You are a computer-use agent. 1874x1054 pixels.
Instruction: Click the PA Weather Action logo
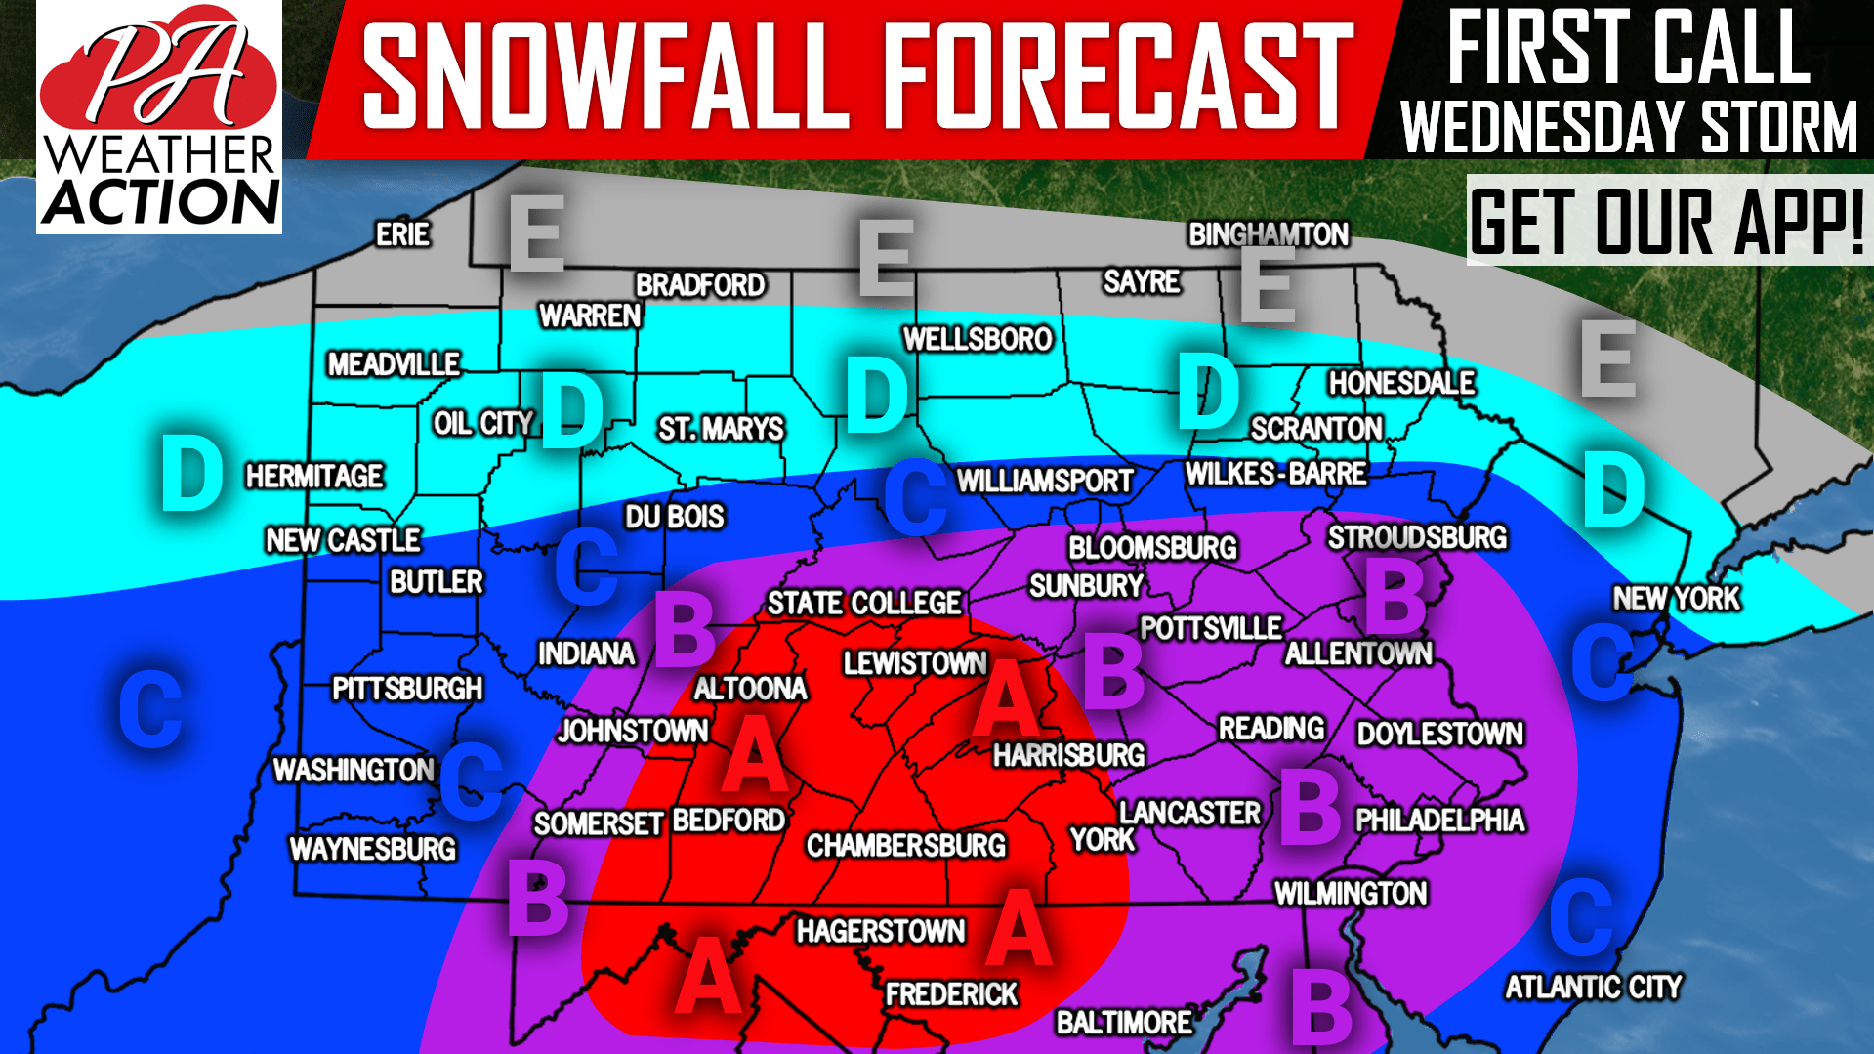[159, 117]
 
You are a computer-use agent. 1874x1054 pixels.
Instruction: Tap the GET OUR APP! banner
[1668, 221]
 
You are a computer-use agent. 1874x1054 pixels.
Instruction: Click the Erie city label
[402, 234]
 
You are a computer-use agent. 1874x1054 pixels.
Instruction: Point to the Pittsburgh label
[407, 689]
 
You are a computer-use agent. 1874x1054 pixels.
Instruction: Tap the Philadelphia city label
[1439, 820]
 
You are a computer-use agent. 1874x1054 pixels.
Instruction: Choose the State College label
[864, 603]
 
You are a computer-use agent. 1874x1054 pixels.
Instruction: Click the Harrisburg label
[1068, 755]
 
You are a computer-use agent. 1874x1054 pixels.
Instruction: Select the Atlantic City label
[1593, 987]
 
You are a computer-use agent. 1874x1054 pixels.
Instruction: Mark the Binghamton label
[1268, 234]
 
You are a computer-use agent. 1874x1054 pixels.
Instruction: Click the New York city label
[1676, 598]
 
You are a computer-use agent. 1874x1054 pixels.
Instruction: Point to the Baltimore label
[1124, 1023]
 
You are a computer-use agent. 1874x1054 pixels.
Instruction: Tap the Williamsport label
[1044, 481]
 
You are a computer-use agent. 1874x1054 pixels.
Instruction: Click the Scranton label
[1316, 428]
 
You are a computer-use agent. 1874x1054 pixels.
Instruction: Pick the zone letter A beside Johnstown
[753, 754]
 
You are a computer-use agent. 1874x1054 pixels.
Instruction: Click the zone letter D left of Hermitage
[191, 474]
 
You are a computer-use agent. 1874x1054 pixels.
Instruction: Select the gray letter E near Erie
[536, 234]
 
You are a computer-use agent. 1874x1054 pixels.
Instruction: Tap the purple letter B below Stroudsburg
[1395, 598]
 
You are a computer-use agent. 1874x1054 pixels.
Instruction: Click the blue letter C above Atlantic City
[1581, 916]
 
